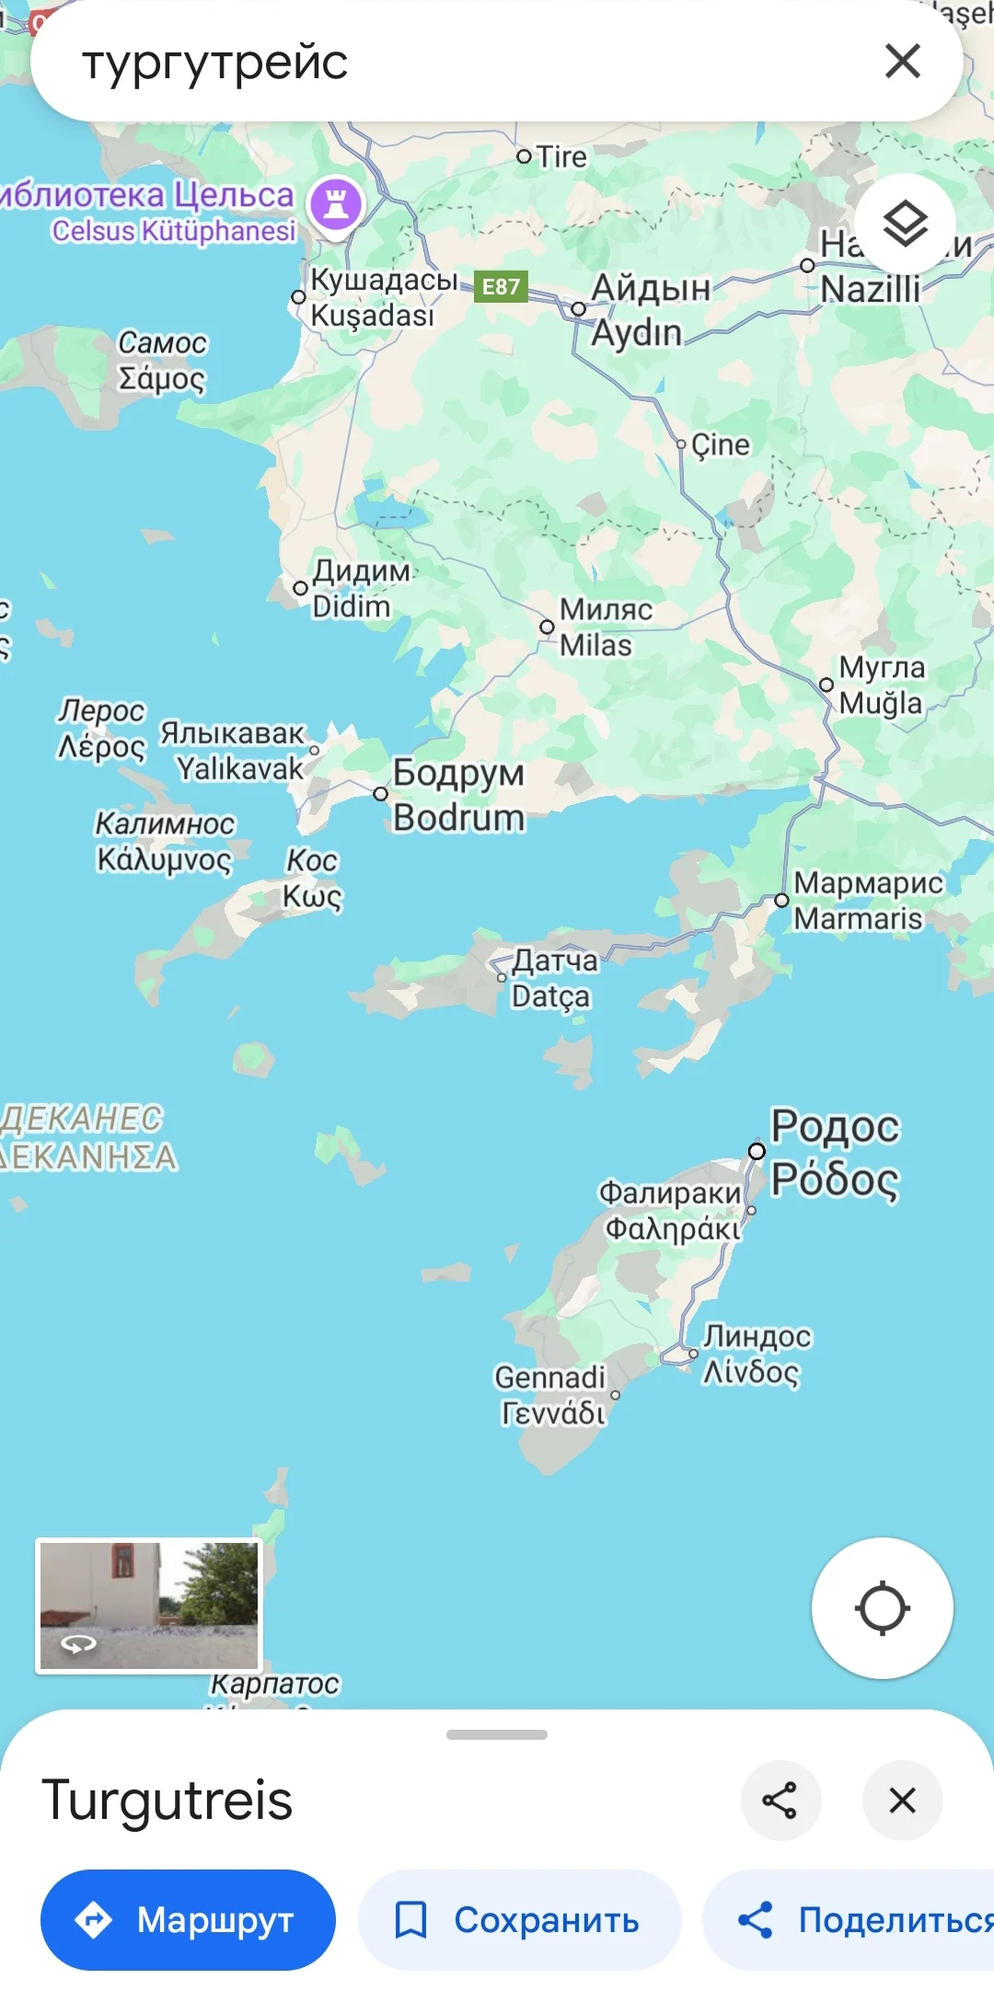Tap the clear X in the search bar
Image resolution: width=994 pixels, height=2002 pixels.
[902, 62]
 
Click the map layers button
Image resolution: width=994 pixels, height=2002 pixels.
[905, 224]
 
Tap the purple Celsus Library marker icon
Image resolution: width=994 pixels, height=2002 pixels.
[336, 204]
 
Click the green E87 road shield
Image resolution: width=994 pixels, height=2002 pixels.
[501, 286]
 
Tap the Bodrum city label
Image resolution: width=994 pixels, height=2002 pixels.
[458, 795]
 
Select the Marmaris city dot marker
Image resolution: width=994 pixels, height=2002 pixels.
[781, 901]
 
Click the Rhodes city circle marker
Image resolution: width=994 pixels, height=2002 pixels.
[757, 1151]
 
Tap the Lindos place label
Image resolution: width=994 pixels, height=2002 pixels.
[757, 1353]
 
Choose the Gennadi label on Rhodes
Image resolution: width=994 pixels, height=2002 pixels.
[550, 1394]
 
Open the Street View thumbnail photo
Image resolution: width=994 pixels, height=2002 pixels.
[149, 1605]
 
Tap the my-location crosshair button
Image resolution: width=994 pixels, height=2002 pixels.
[882, 1608]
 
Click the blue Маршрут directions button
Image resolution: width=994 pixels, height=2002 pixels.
[188, 1920]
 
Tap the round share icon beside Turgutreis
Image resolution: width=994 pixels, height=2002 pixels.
[780, 1801]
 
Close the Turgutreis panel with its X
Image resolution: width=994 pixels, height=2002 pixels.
[902, 1801]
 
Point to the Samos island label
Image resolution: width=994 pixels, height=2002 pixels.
[162, 361]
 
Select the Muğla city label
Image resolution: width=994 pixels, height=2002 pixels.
[881, 685]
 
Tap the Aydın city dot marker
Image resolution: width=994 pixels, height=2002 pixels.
[579, 309]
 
